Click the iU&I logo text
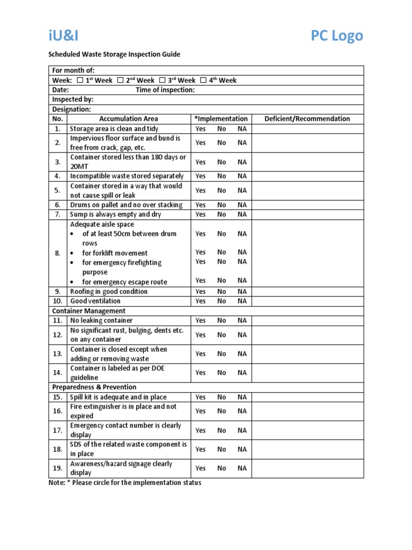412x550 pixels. coord(63,36)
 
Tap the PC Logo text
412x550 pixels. coord(336,36)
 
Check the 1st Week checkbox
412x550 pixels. coord(80,81)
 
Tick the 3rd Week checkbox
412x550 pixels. coord(162,81)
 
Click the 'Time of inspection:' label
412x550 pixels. coord(165,90)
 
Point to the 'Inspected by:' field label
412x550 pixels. coord(72,99)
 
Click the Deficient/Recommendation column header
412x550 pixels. coord(307,119)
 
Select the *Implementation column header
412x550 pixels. coord(220,119)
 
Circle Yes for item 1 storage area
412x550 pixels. coord(200,129)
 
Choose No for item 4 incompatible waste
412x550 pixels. coord(222,176)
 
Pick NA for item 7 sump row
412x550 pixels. coord(242,214)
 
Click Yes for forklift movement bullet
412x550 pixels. coord(200,252)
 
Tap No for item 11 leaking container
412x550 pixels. coord(222,321)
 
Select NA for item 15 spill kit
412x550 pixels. coord(242,397)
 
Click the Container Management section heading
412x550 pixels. coord(89,311)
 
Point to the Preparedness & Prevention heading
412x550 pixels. coord(94,387)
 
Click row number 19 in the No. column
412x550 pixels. coord(57,468)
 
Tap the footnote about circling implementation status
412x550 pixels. coord(125,483)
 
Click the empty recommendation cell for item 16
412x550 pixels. coord(307,411)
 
